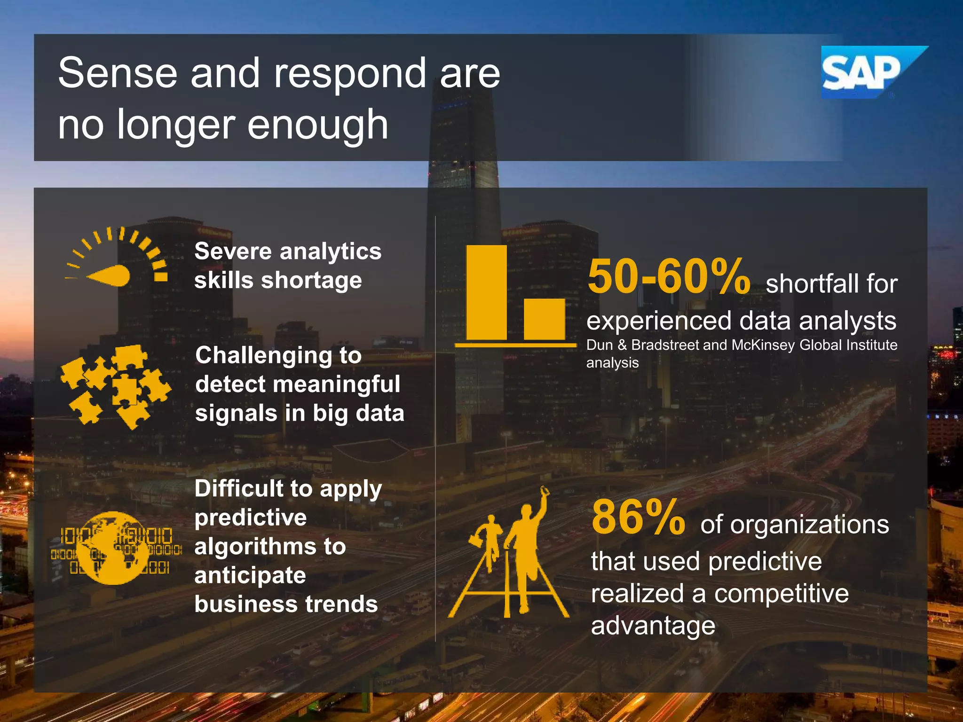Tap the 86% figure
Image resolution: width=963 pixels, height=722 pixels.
coord(638,518)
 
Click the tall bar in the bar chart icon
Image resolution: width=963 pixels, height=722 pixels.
coord(487,292)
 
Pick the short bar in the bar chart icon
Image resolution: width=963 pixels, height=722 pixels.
coord(545,319)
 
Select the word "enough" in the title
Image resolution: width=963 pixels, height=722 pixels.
coord(318,125)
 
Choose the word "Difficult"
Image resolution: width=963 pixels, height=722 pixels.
coord(239,488)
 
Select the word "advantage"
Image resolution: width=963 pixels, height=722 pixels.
coord(653,626)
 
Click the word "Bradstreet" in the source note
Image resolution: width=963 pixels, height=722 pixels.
coord(665,345)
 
